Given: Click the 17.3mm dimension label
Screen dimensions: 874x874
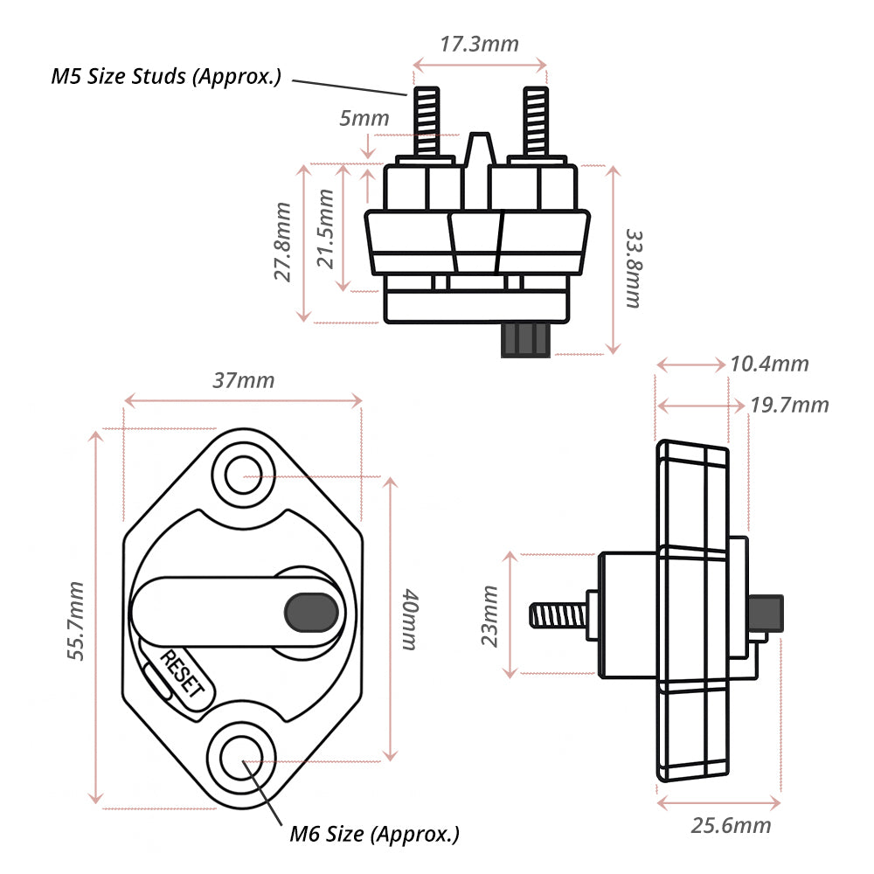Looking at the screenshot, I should pyautogui.click(x=479, y=44).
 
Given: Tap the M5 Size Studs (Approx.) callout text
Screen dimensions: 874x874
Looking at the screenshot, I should pyautogui.click(x=166, y=76).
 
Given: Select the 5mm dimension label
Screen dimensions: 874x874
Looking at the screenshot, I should pyautogui.click(x=364, y=118).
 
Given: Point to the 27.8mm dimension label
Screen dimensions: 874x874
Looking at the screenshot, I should pyautogui.click(x=283, y=242).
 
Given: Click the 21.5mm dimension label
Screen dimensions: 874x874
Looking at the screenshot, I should pyautogui.click(x=326, y=230).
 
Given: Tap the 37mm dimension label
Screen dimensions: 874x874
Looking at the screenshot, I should pyautogui.click(x=243, y=380).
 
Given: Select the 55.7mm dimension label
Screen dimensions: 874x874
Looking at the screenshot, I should pyautogui.click(x=76, y=621).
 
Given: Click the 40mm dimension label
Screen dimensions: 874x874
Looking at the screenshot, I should pyautogui.click(x=409, y=619).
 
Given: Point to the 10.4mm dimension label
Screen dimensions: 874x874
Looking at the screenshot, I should pyautogui.click(x=770, y=364).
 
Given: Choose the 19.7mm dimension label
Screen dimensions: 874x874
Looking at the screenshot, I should pyautogui.click(x=790, y=405).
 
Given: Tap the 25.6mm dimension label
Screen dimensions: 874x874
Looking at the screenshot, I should pyautogui.click(x=732, y=825).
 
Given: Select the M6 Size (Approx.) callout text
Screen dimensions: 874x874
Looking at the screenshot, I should pyautogui.click(x=374, y=834).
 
